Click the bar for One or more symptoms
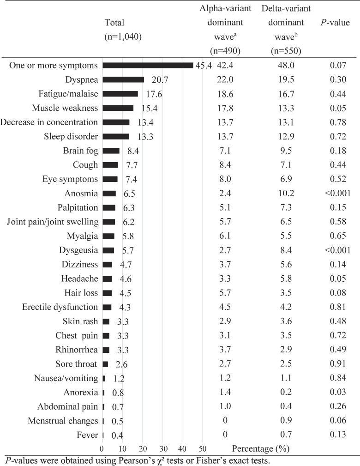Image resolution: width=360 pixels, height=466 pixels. tap(148, 66)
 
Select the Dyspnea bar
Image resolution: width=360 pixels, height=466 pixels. tap(123, 79)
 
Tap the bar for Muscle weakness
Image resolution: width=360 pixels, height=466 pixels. tap(118, 108)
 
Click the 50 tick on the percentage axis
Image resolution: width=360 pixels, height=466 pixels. tap(203, 448)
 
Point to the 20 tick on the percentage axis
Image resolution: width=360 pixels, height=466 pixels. tap(143, 448)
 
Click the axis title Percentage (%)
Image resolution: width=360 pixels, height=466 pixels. tap(261, 448)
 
